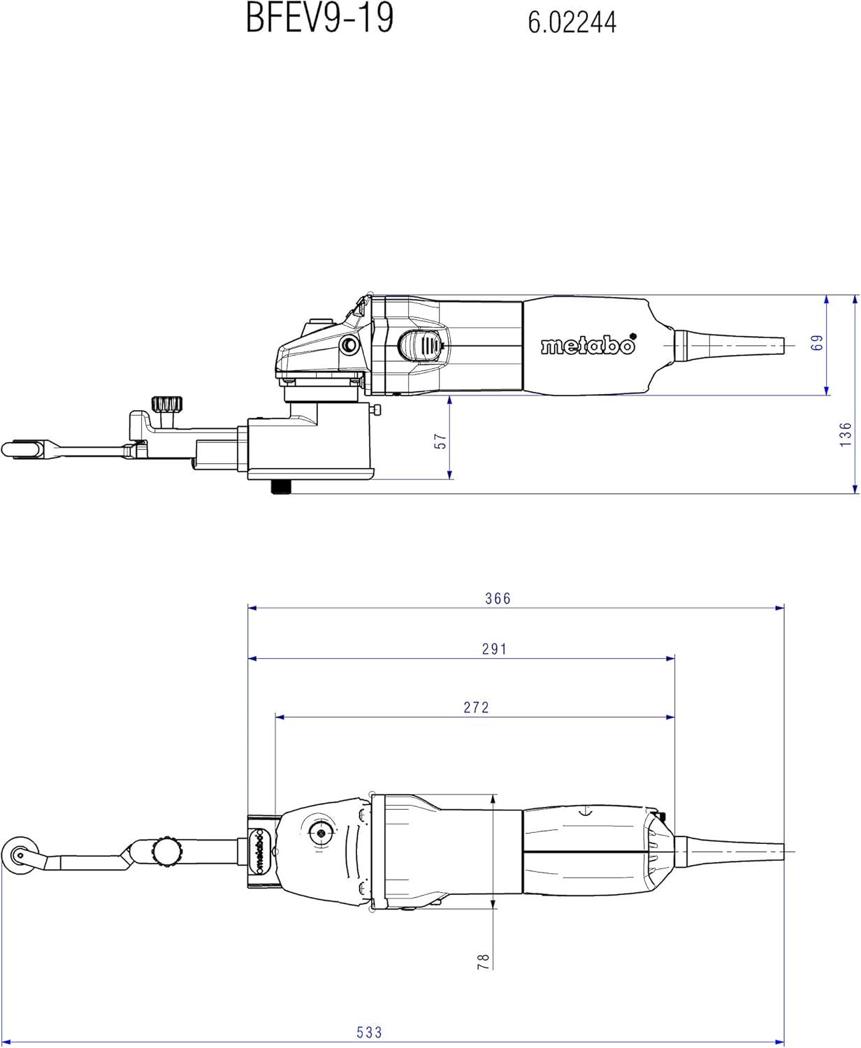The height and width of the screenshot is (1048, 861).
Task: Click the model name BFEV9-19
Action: [x=319, y=18]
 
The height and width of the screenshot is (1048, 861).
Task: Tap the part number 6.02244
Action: [x=572, y=23]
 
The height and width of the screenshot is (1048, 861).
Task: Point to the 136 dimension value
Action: [x=846, y=435]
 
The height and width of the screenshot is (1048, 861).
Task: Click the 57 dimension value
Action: [x=440, y=442]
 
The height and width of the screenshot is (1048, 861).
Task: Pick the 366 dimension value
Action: [x=498, y=598]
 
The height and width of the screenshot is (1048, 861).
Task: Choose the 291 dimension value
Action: [x=495, y=649]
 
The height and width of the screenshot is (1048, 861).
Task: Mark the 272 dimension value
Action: [x=476, y=707]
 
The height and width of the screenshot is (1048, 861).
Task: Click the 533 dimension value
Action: [x=370, y=1028]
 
